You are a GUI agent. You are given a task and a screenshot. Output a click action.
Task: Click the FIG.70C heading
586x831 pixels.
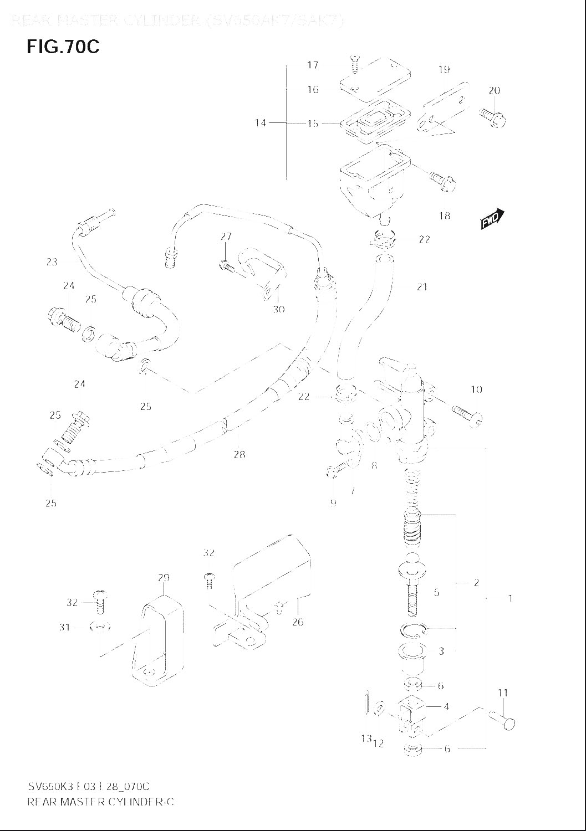tap(63, 47)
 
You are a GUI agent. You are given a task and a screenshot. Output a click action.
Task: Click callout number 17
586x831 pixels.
tap(313, 65)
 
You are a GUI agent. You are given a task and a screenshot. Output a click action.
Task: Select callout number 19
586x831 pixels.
tap(444, 69)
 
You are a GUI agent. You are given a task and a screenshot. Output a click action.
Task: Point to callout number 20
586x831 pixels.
tap(494, 90)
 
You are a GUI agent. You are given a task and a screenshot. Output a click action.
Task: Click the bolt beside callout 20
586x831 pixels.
tap(493, 117)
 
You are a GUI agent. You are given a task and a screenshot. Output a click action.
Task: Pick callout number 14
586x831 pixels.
tap(260, 123)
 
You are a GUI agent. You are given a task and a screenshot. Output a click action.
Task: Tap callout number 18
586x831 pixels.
tap(444, 216)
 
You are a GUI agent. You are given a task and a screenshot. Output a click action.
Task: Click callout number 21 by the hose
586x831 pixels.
tap(422, 287)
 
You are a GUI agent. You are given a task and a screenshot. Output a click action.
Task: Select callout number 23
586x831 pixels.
tap(52, 262)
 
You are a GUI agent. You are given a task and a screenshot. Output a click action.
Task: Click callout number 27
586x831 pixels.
tap(226, 237)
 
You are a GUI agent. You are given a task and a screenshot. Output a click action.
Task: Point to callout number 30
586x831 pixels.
tap(278, 309)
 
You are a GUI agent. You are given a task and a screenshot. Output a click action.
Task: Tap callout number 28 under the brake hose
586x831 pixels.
tap(239, 455)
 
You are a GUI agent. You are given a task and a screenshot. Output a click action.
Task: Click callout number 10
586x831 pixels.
tap(476, 389)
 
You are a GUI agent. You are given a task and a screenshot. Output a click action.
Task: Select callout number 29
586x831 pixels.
tap(163, 578)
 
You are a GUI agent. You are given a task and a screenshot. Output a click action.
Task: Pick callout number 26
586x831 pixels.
tap(298, 622)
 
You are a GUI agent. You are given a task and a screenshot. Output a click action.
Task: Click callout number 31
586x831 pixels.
tap(64, 627)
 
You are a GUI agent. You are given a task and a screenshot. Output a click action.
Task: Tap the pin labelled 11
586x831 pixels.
tap(502, 720)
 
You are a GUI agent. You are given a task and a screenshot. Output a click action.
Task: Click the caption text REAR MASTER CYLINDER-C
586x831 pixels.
tap(100, 802)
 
